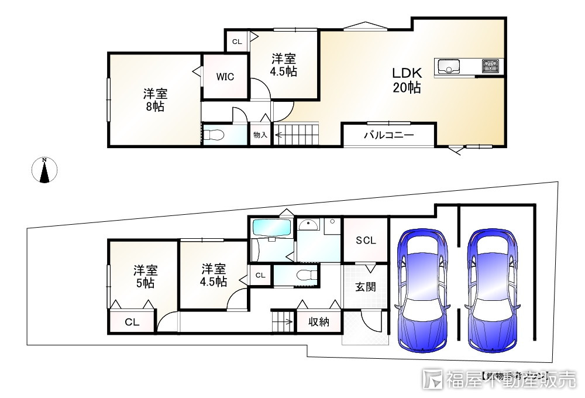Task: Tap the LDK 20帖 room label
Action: [x=406, y=81]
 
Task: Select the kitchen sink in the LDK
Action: [x=449, y=67]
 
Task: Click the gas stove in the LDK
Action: [x=490, y=66]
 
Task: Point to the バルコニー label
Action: [x=388, y=135]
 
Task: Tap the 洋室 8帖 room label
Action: [x=155, y=99]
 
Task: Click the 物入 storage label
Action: [x=260, y=135]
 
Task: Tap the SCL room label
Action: [x=366, y=241]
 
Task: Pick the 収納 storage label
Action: [x=319, y=322]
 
